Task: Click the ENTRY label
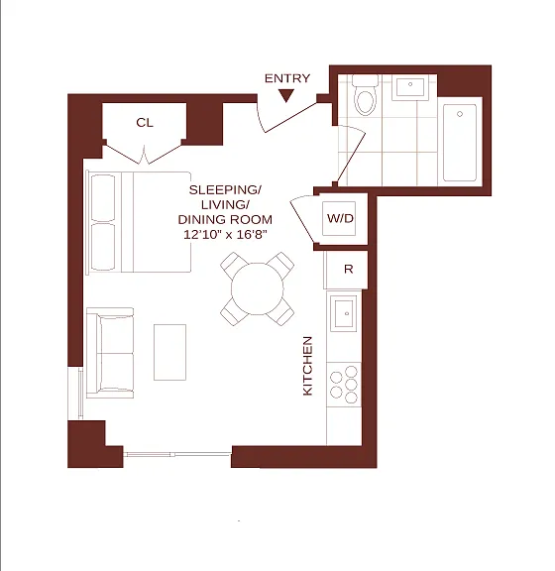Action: (x=287, y=78)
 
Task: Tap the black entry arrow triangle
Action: (x=286, y=96)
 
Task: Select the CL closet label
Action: (x=145, y=123)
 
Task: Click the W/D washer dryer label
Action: (x=340, y=218)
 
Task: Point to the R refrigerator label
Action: (x=348, y=269)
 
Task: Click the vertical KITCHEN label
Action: (x=307, y=366)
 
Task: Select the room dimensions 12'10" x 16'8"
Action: (x=225, y=235)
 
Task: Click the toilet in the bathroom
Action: (x=365, y=95)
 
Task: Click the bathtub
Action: (x=460, y=143)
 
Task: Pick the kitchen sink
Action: (x=344, y=313)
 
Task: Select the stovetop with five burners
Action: (x=344, y=385)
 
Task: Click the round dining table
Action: (x=258, y=289)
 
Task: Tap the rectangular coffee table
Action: (x=169, y=352)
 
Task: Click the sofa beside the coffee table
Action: (x=110, y=353)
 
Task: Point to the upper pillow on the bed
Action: (x=103, y=198)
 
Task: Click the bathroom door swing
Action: (x=350, y=155)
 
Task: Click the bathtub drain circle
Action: (x=460, y=114)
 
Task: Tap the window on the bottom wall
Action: (x=177, y=454)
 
